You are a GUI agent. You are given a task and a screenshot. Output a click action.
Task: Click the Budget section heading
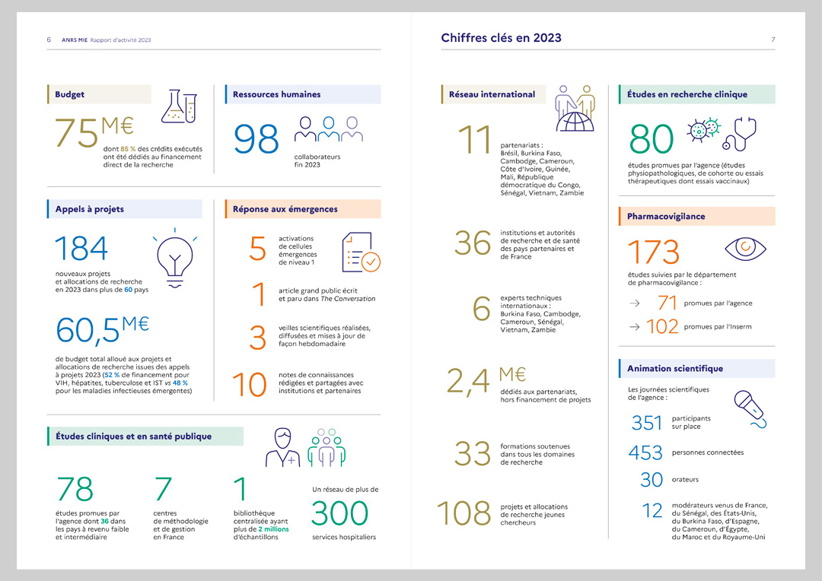(70, 95)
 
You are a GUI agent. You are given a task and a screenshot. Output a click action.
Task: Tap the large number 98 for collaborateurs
(256, 140)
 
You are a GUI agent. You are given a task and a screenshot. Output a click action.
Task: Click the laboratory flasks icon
(179, 106)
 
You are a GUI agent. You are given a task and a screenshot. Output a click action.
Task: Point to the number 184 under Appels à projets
(81, 249)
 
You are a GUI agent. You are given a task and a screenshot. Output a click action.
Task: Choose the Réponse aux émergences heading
(285, 209)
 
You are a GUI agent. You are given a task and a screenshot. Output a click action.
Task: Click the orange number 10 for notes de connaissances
(249, 386)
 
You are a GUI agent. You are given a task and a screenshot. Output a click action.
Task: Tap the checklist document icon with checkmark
(362, 252)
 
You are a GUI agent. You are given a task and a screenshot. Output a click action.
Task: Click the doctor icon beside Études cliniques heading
(282, 448)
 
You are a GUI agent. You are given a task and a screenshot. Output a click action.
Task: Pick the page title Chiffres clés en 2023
(501, 37)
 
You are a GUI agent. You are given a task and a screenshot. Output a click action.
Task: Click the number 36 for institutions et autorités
(473, 243)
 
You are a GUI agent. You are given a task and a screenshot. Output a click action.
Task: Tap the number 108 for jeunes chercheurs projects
(463, 514)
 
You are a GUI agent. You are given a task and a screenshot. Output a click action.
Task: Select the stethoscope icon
(739, 133)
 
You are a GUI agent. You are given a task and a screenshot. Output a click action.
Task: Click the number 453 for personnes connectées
(645, 452)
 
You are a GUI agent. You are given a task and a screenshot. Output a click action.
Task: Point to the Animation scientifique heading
(674, 369)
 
